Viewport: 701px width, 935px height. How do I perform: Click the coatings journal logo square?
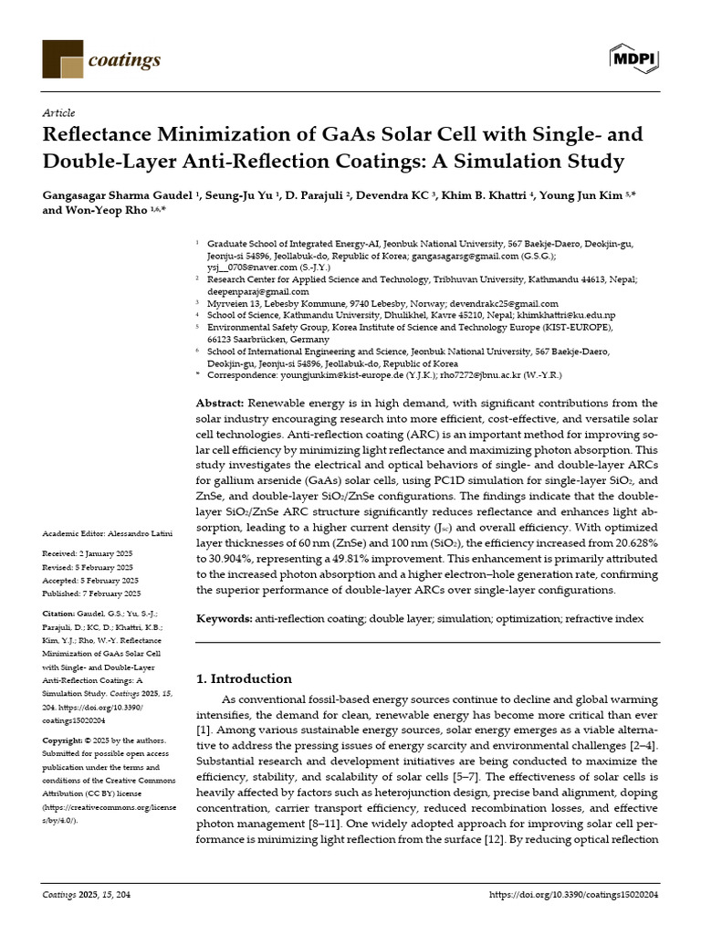coord(62,59)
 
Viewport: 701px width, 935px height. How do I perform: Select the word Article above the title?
coord(58,112)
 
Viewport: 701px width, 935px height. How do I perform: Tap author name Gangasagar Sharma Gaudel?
coord(118,195)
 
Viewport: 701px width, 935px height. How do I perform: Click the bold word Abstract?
coord(220,403)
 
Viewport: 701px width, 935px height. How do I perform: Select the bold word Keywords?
coord(225,618)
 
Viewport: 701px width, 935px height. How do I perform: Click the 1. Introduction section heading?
coord(245,678)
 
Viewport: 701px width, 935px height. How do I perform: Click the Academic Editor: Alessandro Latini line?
coord(101,533)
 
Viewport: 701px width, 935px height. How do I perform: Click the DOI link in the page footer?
coord(574,895)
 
